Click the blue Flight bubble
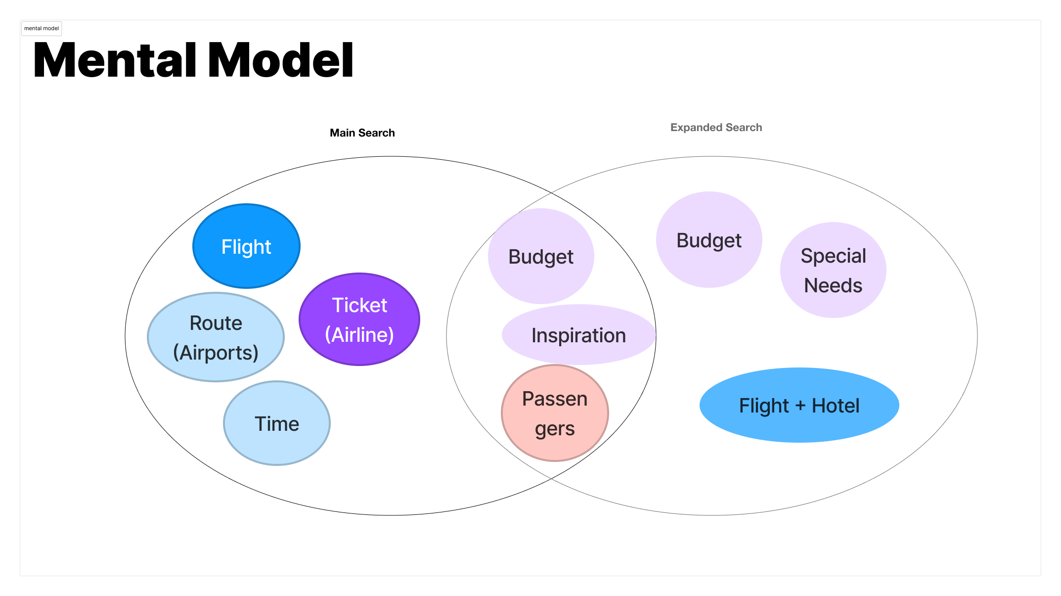coord(246,246)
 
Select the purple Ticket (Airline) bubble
coord(359,320)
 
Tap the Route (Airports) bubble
coord(216,337)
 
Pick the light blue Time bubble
coord(277,423)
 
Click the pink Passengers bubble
coord(555,413)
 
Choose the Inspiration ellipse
coord(578,335)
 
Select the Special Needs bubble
coord(833,270)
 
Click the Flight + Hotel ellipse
coord(799,406)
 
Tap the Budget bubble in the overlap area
coord(541,257)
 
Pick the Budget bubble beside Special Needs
coord(709,240)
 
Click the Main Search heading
coord(362,133)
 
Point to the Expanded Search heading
coord(716,127)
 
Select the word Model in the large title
coord(281,60)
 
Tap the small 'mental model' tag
coord(42,28)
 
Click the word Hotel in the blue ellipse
coord(836,406)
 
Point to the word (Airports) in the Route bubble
coord(216,353)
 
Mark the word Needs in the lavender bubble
coord(833,285)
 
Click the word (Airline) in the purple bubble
coord(359,335)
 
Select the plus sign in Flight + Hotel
coord(800,406)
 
